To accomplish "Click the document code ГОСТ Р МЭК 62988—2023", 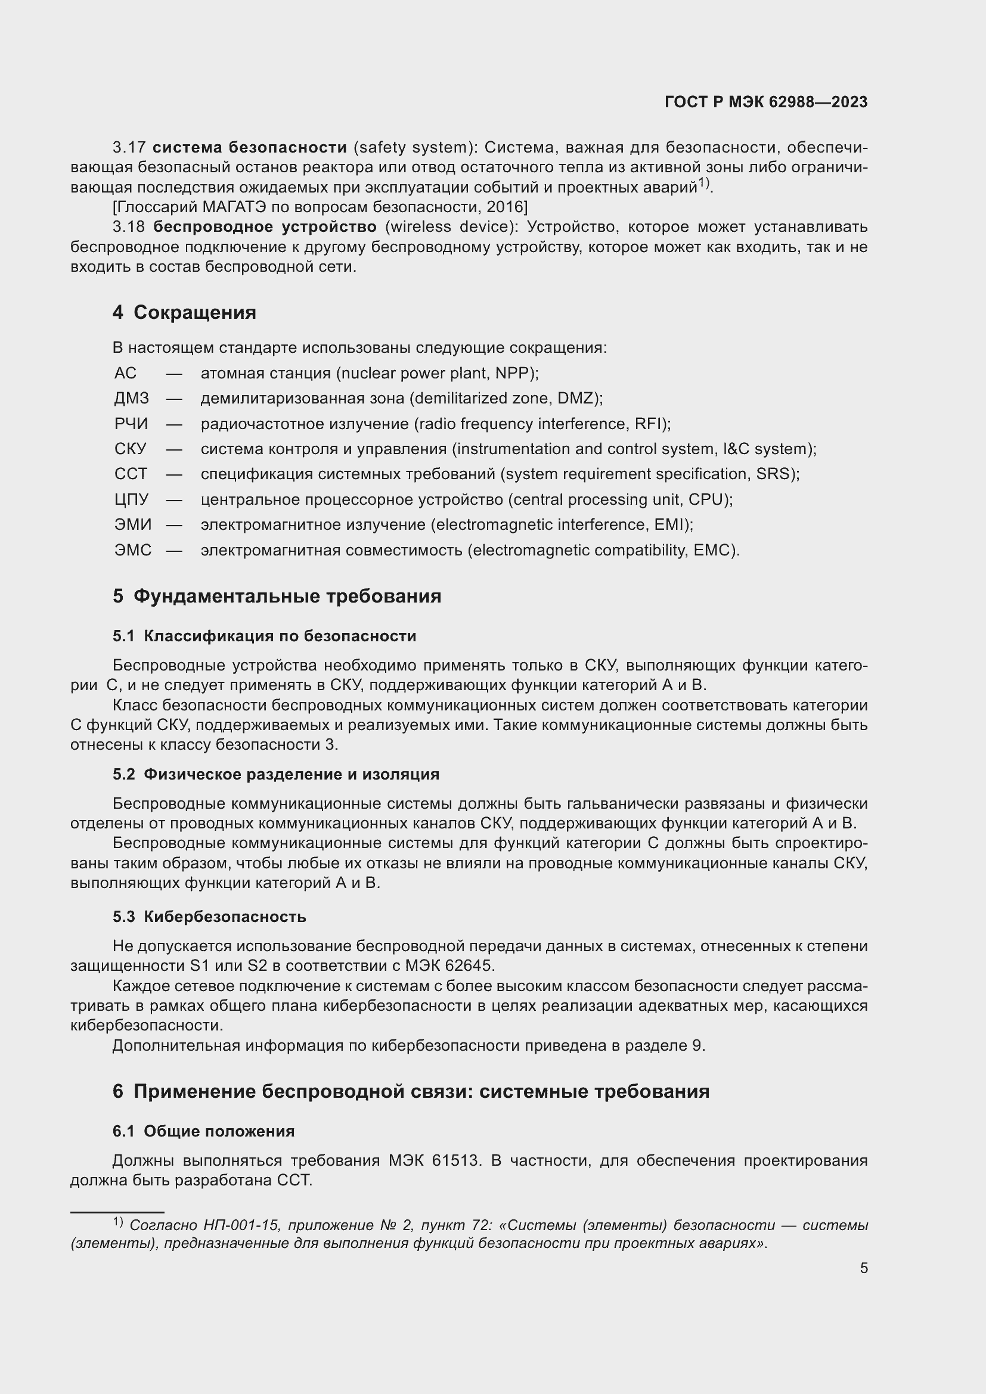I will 765,102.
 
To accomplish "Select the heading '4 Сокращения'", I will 184,312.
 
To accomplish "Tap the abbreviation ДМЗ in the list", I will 131,398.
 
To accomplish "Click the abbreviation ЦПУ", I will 131,499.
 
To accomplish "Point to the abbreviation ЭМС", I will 133,550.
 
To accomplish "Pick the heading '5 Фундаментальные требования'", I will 276,595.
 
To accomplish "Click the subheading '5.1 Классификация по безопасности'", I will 264,636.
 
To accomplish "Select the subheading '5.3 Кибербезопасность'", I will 209,916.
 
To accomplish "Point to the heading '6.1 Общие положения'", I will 203,1131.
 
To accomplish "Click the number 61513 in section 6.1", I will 456,1160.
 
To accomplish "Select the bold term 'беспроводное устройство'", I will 265,227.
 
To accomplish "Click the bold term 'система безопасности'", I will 250,148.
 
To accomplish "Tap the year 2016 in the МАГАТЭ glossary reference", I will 503,207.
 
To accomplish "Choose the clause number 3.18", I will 129,227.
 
